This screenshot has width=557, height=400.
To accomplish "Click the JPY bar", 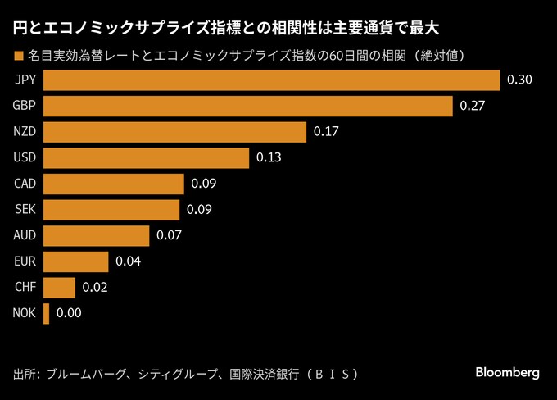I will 271,80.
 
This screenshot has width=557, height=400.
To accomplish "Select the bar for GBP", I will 247,107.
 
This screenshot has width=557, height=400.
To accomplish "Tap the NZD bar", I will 174,132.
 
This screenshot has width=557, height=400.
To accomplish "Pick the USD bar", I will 146,158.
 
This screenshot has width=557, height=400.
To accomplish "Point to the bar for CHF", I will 59,288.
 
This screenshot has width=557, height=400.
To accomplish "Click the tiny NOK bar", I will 46,313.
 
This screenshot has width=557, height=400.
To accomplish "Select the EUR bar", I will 75,261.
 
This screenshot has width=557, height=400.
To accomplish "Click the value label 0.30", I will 520,80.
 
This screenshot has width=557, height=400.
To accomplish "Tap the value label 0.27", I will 473,107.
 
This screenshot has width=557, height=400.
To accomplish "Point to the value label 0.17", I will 325,132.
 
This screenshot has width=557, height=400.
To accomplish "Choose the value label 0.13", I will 269,158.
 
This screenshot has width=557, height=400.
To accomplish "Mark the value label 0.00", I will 69,313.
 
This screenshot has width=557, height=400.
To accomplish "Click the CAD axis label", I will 25,184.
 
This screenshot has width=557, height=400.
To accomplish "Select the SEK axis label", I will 25,210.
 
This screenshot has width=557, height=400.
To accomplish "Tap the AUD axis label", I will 25,236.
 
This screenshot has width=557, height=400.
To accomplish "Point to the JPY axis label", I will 25,80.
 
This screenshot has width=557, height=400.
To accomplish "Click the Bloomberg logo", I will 508,372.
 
